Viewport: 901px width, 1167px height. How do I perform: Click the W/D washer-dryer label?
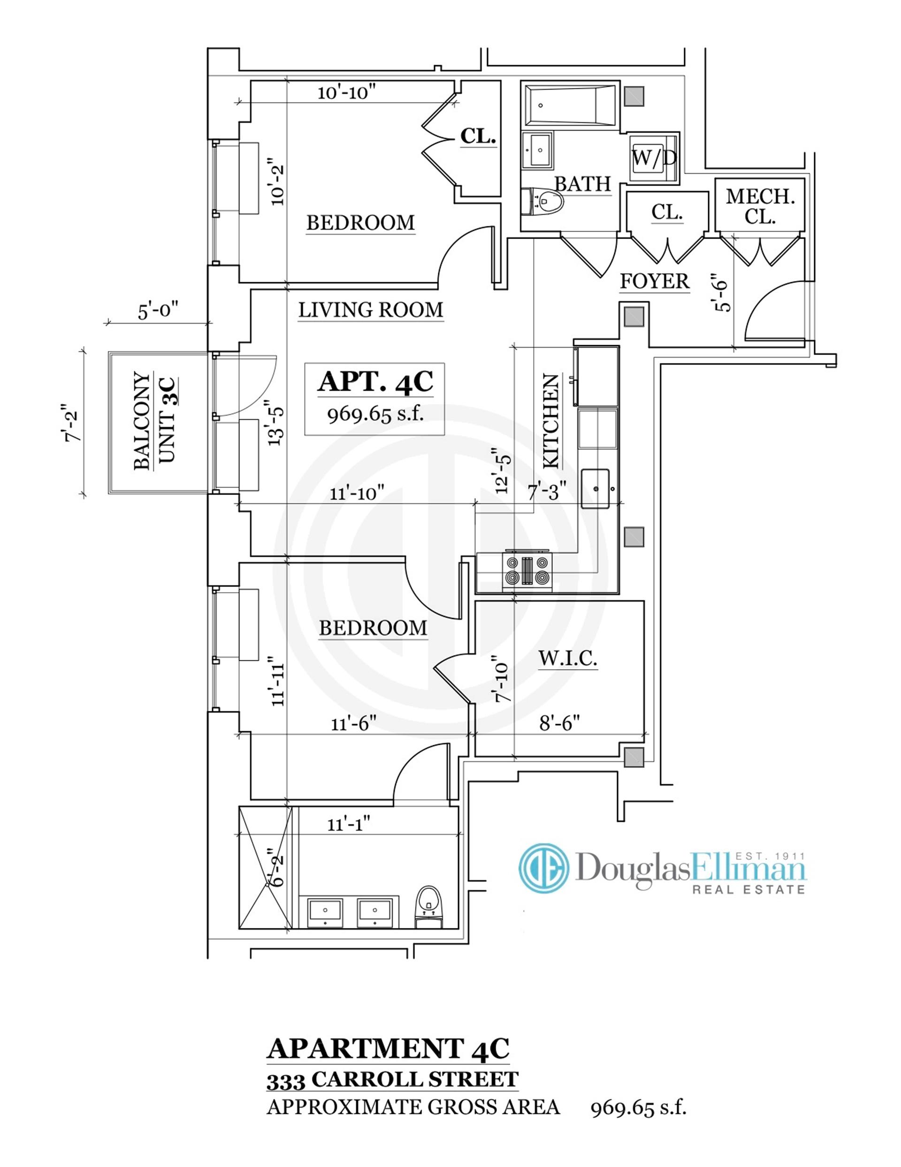(x=654, y=157)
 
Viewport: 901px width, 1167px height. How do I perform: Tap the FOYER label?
(x=654, y=281)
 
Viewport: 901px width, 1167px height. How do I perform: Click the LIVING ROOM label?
(x=371, y=310)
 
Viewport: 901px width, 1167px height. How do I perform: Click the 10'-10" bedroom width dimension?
(x=347, y=93)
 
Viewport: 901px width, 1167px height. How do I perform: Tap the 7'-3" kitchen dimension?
(x=547, y=492)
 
